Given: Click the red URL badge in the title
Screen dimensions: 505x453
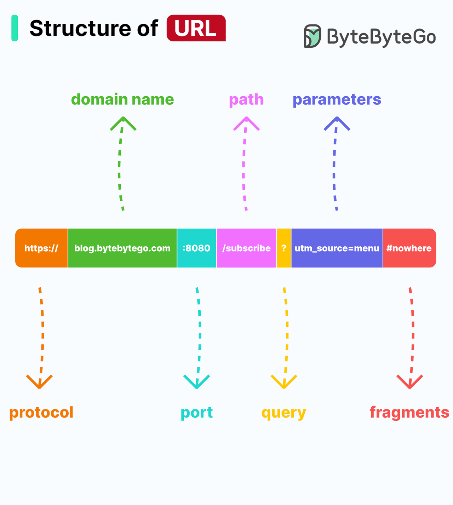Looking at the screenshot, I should point(196,28).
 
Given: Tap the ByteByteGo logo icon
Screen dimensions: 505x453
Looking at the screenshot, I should point(312,36).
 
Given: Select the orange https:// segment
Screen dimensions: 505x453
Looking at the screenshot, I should point(41,248).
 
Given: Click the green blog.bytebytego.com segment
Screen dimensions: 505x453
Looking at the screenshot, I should point(122,248).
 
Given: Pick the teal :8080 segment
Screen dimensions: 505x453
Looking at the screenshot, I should point(196,248).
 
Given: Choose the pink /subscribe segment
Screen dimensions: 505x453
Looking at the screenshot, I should point(246,248).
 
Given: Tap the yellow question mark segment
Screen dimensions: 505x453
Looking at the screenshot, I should point(284,248).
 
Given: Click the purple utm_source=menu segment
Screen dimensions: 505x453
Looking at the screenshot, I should point(337,248).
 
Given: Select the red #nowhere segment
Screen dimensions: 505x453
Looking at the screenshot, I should point(409,248).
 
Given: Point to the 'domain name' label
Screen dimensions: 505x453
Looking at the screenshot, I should point(122,99).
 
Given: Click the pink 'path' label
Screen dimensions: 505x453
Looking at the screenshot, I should point(246,100).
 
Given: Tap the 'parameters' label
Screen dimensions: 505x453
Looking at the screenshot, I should point(337,100).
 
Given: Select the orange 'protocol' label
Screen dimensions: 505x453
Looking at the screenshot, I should point(41,413).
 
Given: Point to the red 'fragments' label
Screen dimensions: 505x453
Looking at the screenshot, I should point(409,413).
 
